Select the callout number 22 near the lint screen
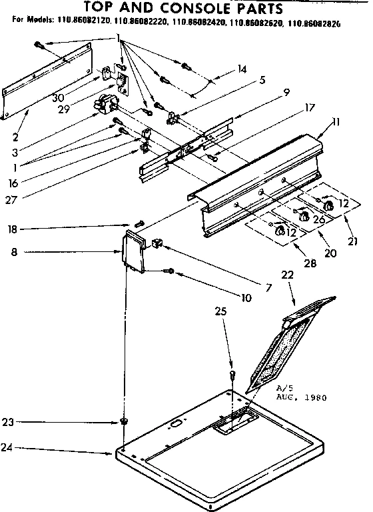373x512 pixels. coord(287,275)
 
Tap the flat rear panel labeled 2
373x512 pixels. coord(47,87)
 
